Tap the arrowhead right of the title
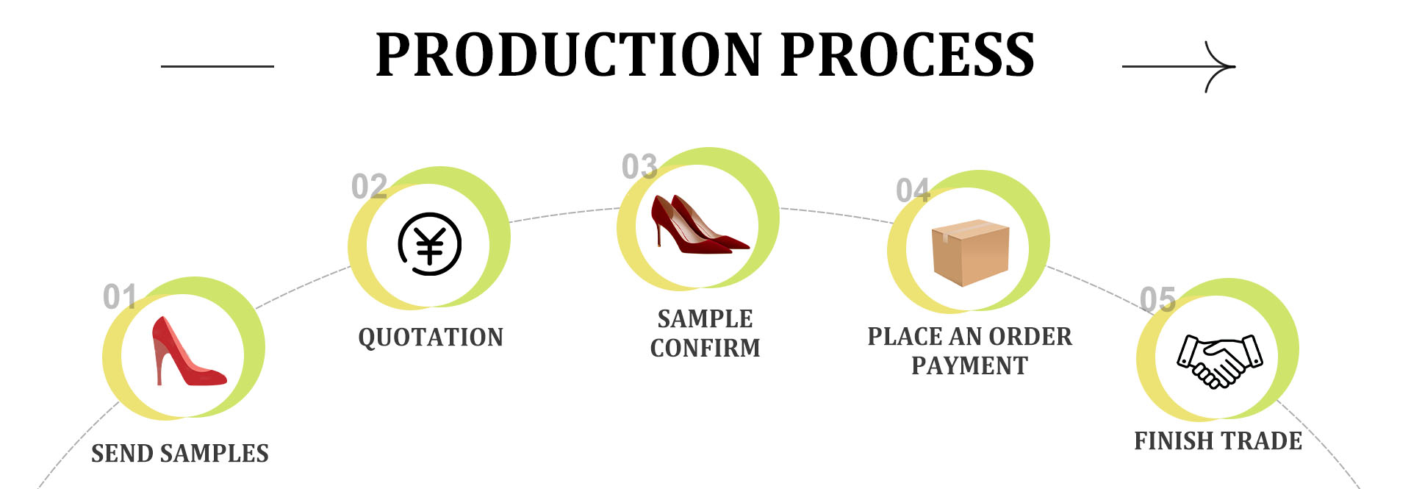pyautogui.click(x=1224, y=66)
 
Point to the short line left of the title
pyautogui.click(x=218, y=66)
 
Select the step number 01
pyautogui.click(x=119, y=297)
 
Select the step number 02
pyautogui.click(x=369, y=187)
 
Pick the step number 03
pyautogui.click(x=639, y=167)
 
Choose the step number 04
pyautogui.click(x=913, y=190)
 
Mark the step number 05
pyautogui.click(x=1157, y=299)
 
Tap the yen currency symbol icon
pyautogui.click(x=430, y=244)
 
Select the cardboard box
pyautogui.click(x=970, y=252)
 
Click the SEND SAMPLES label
pyautogui.click(x=180, y=454)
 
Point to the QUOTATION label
pyautogui.click(x=431, y=338)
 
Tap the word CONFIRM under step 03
pyautogui.click(x=705, y=348)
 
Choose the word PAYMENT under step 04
pyautogui.click(x=969, y=365)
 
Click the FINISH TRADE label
pyautogui.click(x=1218, y=441)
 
